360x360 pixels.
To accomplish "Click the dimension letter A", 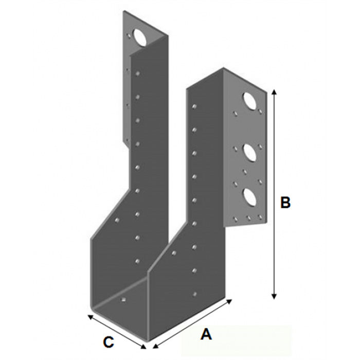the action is coord(206,334).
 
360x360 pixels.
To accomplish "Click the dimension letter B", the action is coord(285,203).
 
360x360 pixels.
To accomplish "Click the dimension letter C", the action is coord(109,343).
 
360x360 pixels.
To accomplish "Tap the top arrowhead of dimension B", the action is coord(274,92).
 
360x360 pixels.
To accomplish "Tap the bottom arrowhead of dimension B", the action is coord(274,297).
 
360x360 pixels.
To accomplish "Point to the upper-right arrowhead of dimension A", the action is coord(229,301).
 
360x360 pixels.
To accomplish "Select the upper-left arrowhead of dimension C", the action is coord(91,317).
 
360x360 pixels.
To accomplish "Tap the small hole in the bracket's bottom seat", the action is coord(123,299).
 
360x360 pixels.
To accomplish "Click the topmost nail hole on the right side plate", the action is coord(194,106).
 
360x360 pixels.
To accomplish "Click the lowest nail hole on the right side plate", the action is coord(194,294).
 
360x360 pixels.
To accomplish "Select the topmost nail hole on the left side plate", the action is coord(137,74).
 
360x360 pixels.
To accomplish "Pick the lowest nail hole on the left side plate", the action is coord(137,261).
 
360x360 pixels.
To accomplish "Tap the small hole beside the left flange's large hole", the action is coord(129,36).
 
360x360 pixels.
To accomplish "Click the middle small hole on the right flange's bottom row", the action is coord(248,217).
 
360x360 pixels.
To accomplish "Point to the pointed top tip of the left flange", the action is coord(123,11).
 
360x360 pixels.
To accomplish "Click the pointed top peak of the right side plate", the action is coord(223,67).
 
